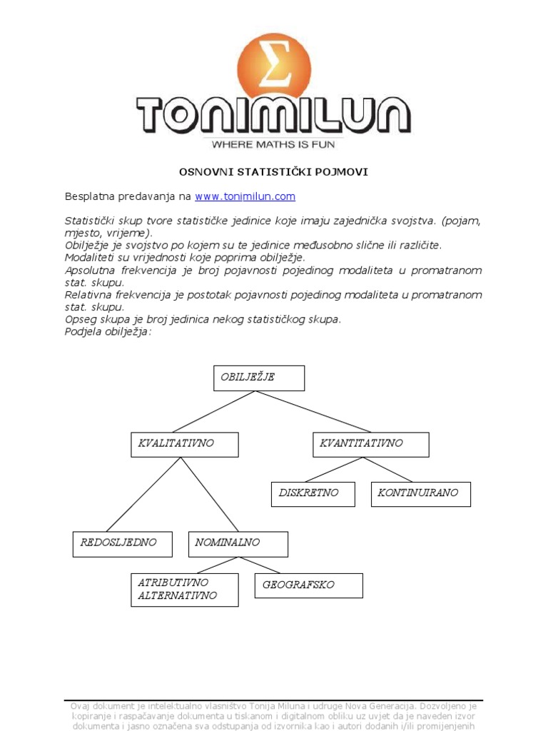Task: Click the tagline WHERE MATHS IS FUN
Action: [273, 144]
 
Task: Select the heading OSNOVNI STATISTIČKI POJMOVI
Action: [273, 172]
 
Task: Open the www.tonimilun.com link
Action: [245, 196]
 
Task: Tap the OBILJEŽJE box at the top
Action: [259, 378]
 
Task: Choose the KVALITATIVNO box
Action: [185, 444]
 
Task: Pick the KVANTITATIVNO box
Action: [371, 444]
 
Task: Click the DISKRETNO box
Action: [313, 494]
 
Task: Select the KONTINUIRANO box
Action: [421, 494]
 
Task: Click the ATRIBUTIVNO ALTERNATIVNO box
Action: [185, 590]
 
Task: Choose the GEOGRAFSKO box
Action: [309, 585]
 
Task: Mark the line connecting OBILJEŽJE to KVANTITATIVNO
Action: [314, 411]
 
